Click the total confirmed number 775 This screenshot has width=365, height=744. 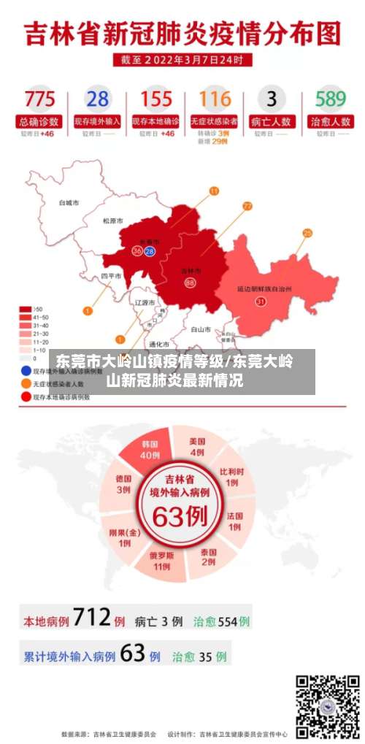(x=39, y=99)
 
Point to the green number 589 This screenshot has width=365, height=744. (x=330, y=99)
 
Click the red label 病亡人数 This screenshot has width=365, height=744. (x=272, y=121)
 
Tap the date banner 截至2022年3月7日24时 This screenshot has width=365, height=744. (x=182, y=60)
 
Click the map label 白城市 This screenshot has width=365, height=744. (x=69, y=203)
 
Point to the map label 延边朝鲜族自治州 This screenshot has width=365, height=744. (x=264, y=289)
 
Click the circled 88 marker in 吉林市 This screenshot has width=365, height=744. (x=191, y=283)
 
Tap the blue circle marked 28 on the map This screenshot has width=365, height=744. (x=150, y=251)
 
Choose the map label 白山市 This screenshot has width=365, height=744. (x=201, y=329)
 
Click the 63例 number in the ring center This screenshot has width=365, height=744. (x=180, y=515)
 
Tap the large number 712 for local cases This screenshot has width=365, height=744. (x=92, y=620)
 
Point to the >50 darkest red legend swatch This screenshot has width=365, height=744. (x=26, y=309)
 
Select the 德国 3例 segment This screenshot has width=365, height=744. (x=123, y=484)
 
